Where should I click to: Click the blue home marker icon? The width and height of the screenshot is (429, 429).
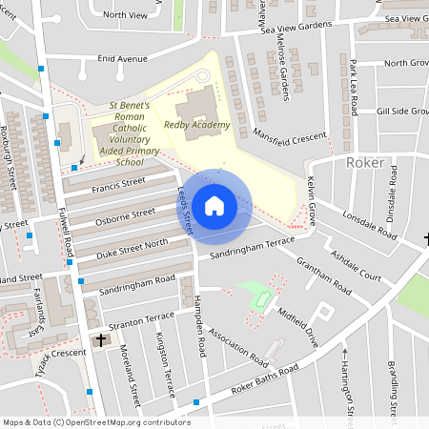click(214, 205)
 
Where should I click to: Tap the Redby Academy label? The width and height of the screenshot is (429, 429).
click(197, 125)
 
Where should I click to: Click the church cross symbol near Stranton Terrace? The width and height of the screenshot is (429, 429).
click(102, 340)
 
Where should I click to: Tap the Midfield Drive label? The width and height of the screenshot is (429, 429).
click(296, 324)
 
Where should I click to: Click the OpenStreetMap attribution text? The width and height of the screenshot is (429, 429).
click(96, 422)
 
